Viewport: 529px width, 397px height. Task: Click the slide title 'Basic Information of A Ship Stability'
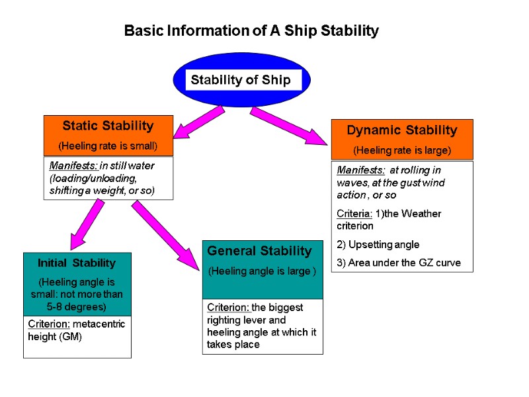251,31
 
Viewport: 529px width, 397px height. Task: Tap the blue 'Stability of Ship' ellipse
241,80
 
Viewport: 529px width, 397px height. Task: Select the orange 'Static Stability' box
108,134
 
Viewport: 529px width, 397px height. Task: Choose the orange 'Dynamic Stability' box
401,139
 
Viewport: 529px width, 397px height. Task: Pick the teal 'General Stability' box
262,269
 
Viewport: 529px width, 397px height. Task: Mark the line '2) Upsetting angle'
378,245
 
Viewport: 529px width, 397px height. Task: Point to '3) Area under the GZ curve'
398,263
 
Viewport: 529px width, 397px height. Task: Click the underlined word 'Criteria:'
353,214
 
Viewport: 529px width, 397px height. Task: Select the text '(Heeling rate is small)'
108,145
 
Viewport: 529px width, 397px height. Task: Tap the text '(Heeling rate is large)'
401,150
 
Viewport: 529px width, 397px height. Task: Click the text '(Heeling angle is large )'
262,271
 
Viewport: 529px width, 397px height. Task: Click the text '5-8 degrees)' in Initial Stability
77,308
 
